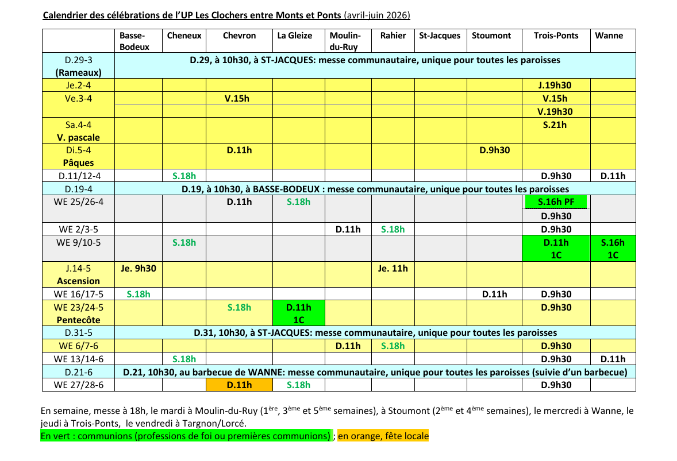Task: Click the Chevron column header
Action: (x=239, y=36)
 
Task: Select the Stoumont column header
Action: (x=491, y=36)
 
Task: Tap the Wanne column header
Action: (x=609, y=36)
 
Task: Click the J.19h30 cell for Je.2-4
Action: (x=555, y=86)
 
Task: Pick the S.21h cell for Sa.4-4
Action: (x=555, y=125)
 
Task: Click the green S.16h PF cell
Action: (x=556, y=202)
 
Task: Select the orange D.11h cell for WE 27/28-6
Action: (x=239, y=385)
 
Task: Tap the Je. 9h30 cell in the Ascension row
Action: (x=139, y=268)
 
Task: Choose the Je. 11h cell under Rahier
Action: (x=393, y=268)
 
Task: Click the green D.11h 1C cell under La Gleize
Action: (x=298, y=313)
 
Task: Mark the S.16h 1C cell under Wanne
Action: (x=613, y=249)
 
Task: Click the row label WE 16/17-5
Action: (x=78, y=295)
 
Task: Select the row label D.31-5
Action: (x=78, y=333)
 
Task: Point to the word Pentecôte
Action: (x=78, y=320)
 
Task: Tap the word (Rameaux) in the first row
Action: (x=78, y=73)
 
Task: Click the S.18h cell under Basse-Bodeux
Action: (x=139, y=295)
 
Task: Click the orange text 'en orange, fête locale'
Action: (x=383, y=436)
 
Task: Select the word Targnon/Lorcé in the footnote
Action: (x=220, y=424)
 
